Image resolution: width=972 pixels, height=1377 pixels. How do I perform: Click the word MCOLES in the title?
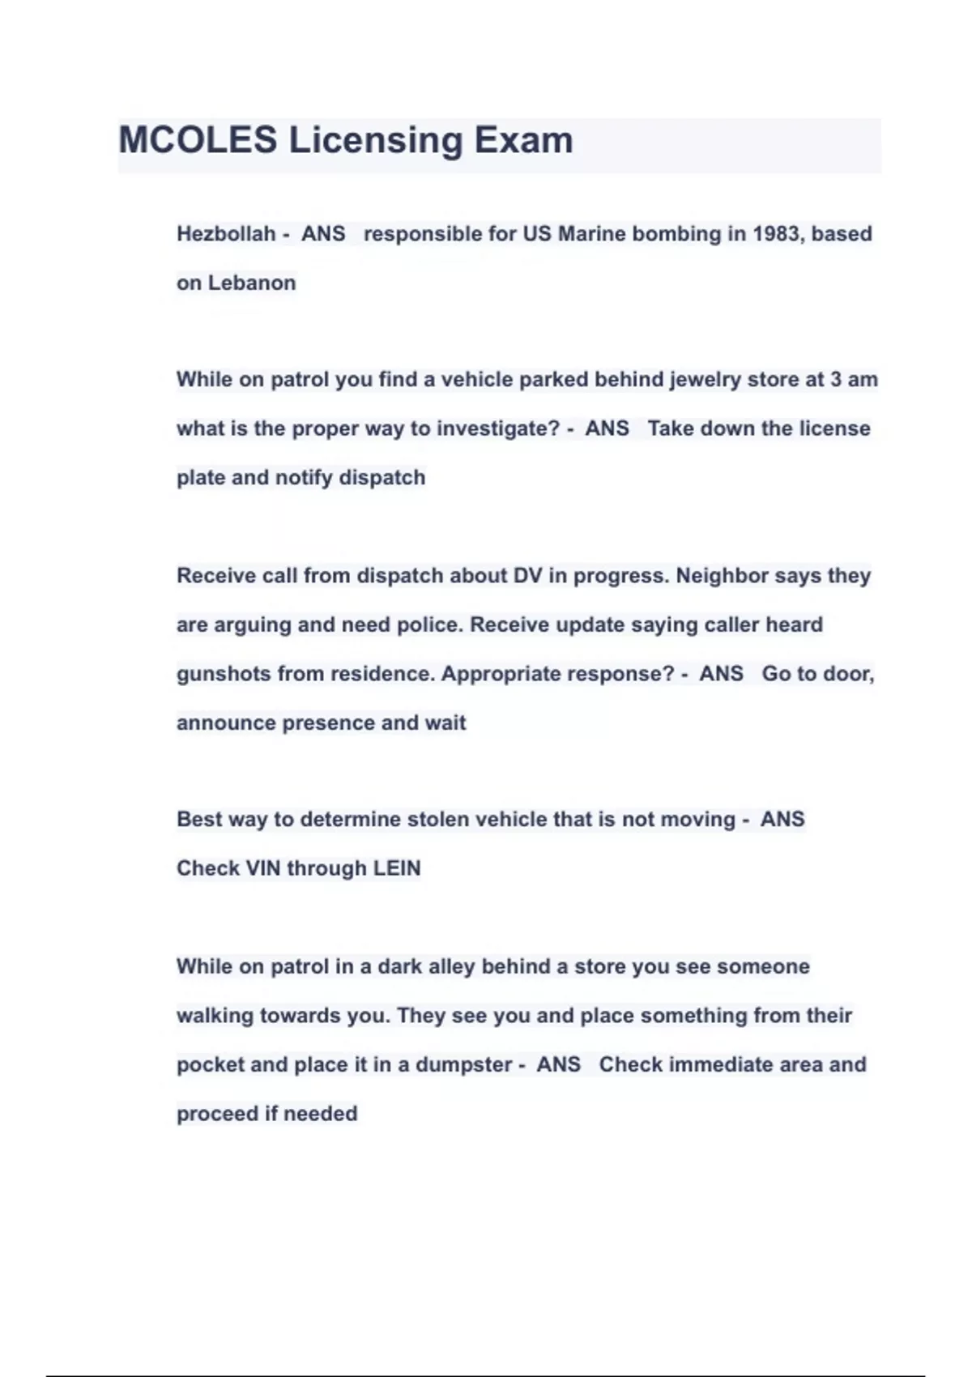coord(198,140)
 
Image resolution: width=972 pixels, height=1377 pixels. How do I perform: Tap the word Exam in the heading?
coord(523,140)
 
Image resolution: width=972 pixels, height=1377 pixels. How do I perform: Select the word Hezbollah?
coord(226,234)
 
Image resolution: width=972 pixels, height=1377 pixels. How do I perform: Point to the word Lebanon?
coord(252,283)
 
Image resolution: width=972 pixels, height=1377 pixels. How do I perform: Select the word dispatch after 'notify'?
coord(382,478)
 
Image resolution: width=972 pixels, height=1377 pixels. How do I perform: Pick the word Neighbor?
coord(722,576)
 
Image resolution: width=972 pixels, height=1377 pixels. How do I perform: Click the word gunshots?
coord(224,674)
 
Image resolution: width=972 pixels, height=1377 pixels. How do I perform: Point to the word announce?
coord(226,723)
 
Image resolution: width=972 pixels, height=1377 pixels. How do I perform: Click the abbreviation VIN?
coord(262,868)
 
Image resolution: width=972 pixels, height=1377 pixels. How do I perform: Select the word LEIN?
coord(396,868)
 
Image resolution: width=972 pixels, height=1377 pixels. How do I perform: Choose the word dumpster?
coord(463,1064)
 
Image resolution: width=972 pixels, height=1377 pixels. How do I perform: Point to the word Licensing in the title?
coord(375,140)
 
